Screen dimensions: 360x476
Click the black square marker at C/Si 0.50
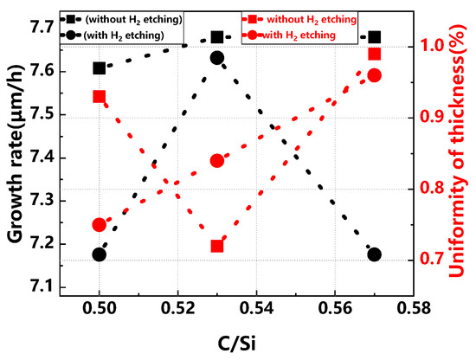pos(100,68)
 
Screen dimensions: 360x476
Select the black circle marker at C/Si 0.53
pos(216,58)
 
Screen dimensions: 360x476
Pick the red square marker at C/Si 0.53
pos(216,246)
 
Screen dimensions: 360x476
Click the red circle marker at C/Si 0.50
pos(100,225)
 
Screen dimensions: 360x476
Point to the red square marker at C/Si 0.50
pos(100,96)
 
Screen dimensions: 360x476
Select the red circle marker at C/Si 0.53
pos(216,160)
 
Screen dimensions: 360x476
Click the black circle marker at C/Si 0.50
pos(100,254)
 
